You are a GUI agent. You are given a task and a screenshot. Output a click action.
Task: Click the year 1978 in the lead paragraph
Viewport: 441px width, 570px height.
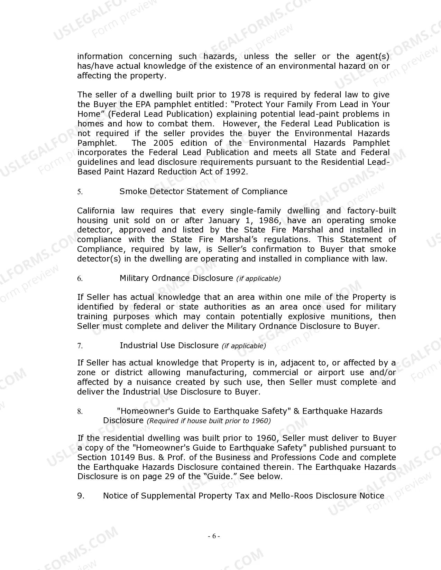(241, 95)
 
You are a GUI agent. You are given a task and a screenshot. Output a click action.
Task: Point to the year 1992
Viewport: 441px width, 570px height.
(236, 172)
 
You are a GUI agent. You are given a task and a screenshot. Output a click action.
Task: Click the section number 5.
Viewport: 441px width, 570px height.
(80, 192)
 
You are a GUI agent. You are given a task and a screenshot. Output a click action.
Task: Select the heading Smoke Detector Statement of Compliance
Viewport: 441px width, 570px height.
(203, 191)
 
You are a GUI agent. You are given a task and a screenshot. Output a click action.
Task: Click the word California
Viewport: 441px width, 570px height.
(95, 211)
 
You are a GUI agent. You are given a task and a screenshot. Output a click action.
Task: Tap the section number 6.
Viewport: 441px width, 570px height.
(80, 278)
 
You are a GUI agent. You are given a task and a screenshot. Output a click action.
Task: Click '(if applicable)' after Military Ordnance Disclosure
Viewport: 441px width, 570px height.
(258, 278)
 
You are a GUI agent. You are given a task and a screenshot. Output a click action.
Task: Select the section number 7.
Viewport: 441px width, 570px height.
(80, 346)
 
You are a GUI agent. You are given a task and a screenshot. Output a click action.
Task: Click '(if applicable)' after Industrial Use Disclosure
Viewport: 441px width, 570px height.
(244, 346)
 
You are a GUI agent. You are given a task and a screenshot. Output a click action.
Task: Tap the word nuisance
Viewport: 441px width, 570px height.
(154, 382)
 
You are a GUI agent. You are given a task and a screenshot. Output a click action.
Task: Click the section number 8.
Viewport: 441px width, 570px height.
(80, 411)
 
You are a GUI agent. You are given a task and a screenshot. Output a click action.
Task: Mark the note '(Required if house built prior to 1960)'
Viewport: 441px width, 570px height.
(209, 421)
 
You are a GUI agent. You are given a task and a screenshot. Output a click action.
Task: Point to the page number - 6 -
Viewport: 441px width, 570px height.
(214, 536)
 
